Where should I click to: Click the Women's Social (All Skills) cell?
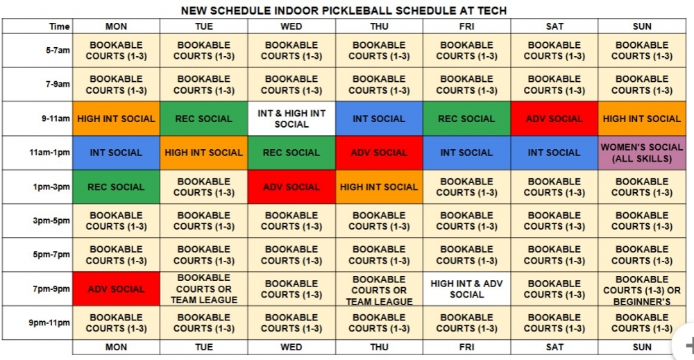pyautogui.click(x=642, y=153)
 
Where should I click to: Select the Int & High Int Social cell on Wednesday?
pyautogui.click(x=291, y=119)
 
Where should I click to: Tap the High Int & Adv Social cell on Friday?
pyautogui.click(x=466, y=289)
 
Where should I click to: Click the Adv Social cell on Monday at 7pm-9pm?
pyautogui.click(x=116, y=289)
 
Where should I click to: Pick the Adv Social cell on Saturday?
pyautogui.click(x=554, y=119)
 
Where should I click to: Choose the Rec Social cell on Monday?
pyautogui.click(x=116, y=187)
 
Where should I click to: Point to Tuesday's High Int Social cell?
pyautogui.click(x=203, y=153)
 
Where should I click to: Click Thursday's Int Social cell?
pyautogui.click(x=379, y=119)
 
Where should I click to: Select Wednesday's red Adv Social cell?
pyautogui.click(x=291, y=187)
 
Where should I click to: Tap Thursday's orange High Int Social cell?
pyautogui.click(x=379, y=187)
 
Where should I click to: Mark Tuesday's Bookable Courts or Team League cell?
pyautogui.click(x=203, y=289)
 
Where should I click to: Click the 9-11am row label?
pyautogui.click(x=56, y=119)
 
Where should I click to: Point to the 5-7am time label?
pyautogui.click(x=58, y=51)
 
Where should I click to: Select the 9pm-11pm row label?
pyautogui.click(x=49, y=323)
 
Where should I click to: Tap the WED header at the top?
pyautogui.click(x=291, y=26)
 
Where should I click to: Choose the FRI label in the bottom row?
pyautogui.click(x=466, y=348)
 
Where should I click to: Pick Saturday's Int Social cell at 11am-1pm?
pyautogui.click(x=554, y=153)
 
